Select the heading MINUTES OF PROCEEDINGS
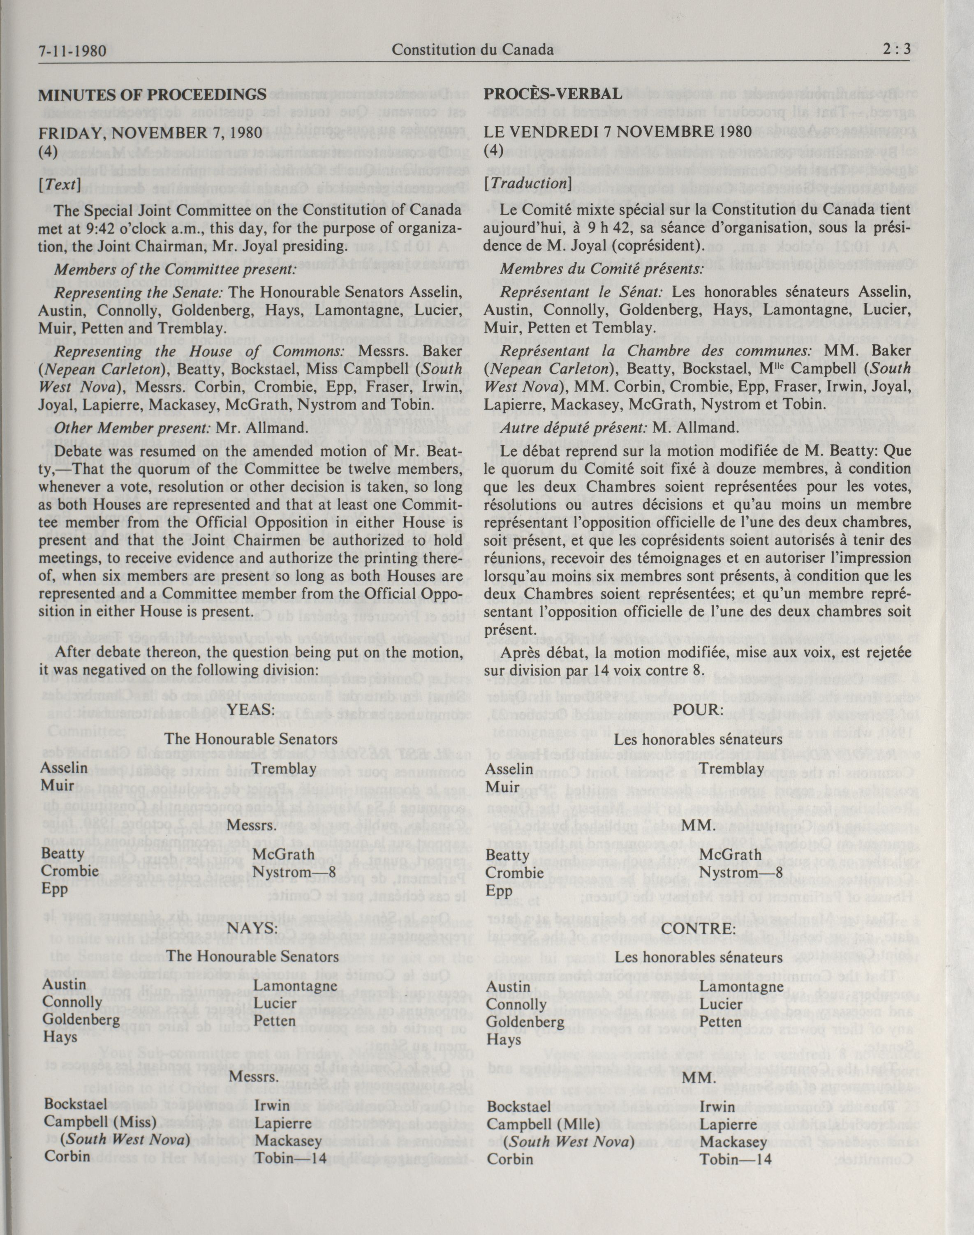pos(152,94)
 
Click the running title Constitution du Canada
pos(473,50)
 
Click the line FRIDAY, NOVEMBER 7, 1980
pos(150,133)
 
